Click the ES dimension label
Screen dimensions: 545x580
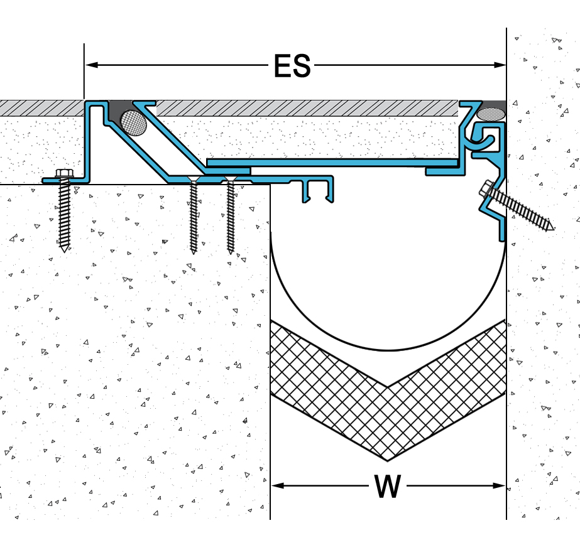[292, 65]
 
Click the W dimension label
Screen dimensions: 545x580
[387, 486]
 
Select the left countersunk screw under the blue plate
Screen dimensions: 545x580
[194, 213]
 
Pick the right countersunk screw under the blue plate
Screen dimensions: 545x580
[231, 213]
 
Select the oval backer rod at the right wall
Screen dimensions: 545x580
[491, 114]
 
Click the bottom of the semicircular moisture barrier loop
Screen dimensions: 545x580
[388, 350]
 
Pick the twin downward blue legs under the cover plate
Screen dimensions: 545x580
[318, 192]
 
